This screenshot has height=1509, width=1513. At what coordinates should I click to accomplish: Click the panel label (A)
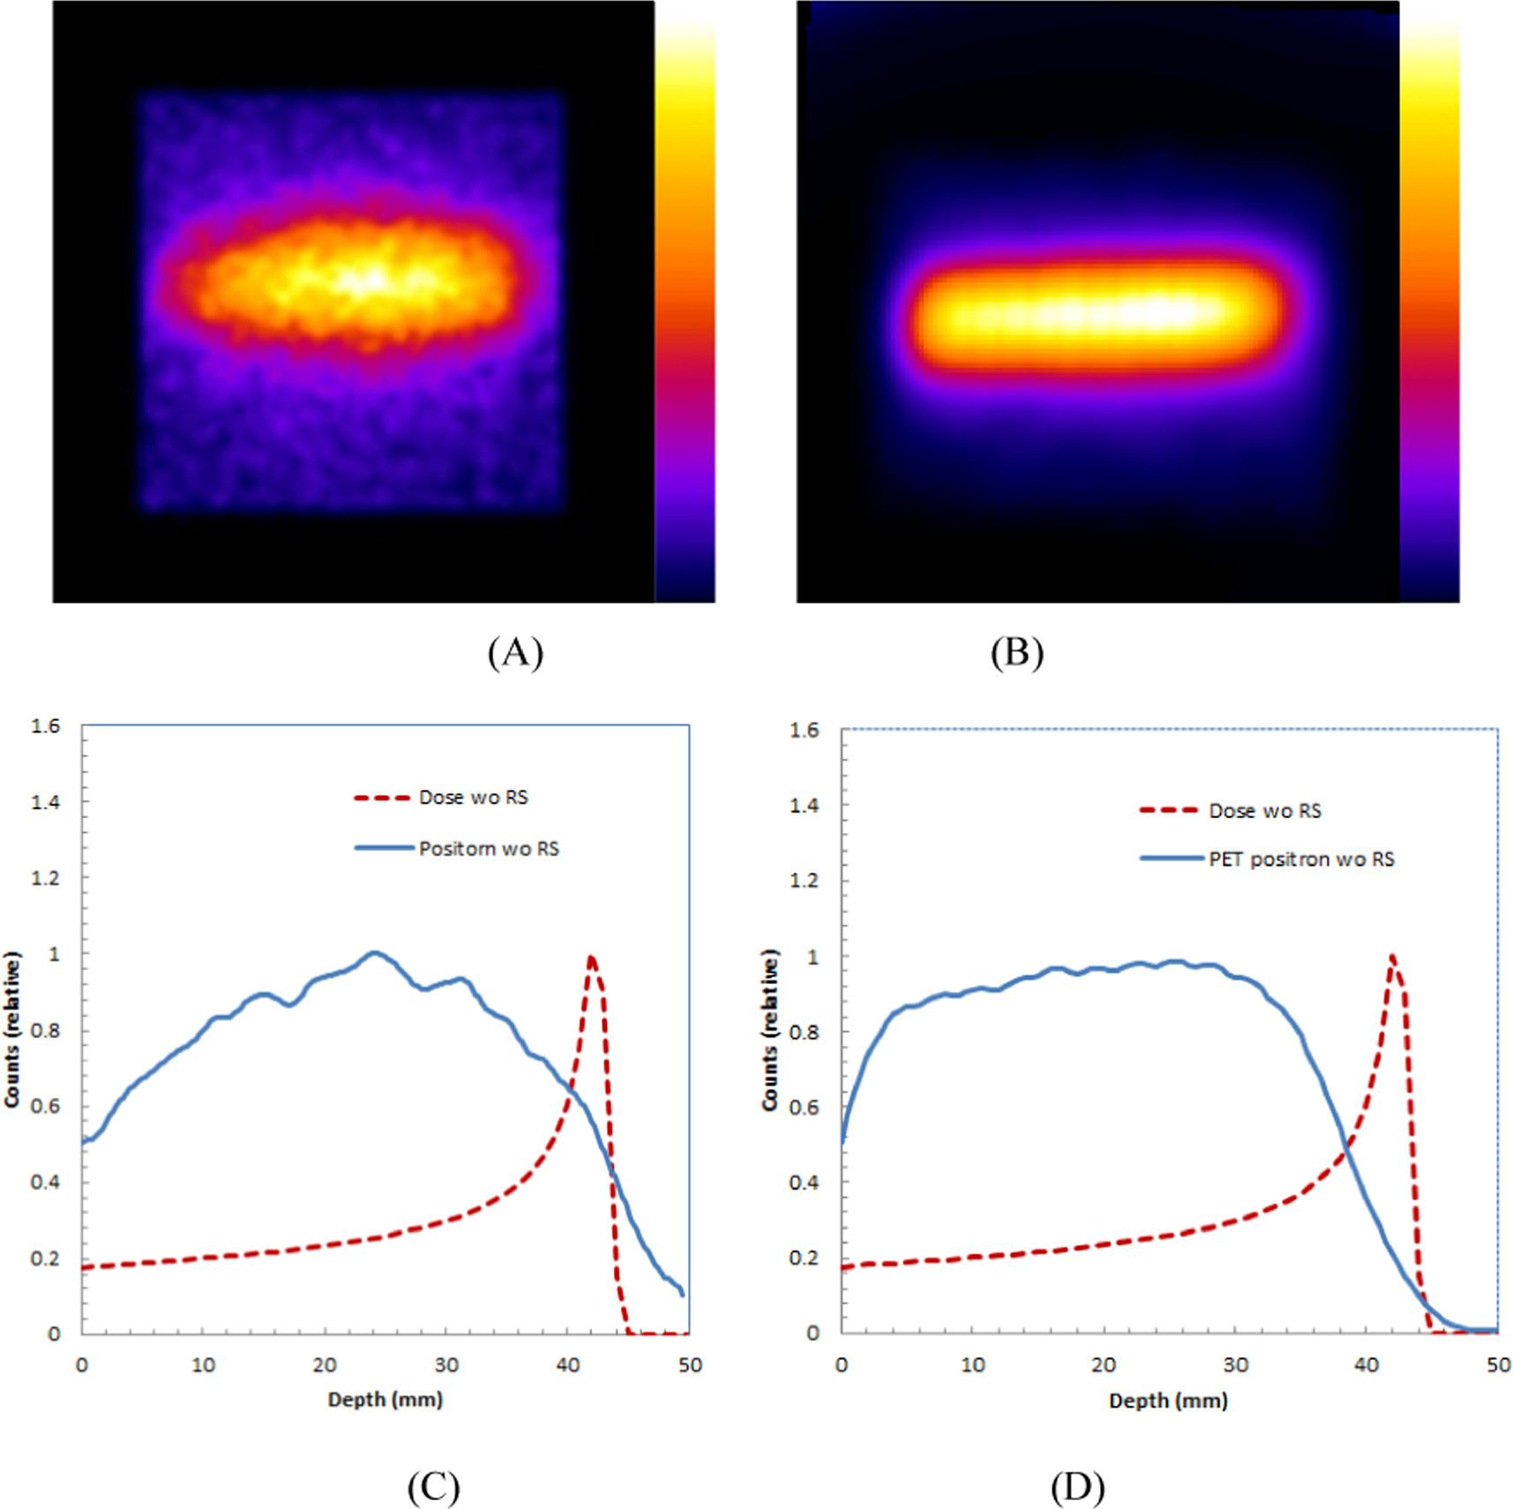515,653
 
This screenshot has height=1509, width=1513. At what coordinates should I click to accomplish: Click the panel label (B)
1016,653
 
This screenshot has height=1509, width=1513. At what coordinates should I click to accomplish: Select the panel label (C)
433,1487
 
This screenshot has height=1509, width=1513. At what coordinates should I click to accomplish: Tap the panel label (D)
1077,1487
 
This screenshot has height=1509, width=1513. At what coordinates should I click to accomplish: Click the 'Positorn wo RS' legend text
489,849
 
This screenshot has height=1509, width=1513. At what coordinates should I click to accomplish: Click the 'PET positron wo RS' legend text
1301,860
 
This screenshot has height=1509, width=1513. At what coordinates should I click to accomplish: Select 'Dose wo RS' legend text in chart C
473,798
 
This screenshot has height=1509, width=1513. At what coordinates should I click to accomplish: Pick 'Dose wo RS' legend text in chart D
1264,811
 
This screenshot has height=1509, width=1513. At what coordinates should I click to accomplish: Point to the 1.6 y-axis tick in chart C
46,726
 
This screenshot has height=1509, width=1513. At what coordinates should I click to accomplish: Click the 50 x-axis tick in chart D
1497,1365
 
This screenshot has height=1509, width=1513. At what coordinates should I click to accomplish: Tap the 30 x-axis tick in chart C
446,1365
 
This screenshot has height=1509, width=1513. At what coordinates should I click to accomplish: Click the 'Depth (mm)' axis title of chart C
386,1400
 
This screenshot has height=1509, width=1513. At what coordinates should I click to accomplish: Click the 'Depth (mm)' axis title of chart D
1168,1400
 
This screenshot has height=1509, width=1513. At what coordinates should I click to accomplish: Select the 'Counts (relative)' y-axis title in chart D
770,1030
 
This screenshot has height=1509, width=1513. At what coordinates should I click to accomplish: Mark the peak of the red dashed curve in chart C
590,957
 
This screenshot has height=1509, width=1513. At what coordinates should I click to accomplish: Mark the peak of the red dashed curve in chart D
1392,957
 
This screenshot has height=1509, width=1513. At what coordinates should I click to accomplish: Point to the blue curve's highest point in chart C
374,953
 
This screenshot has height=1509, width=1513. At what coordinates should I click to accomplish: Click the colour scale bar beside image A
685,309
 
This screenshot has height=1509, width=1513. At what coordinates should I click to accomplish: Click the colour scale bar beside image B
1429,309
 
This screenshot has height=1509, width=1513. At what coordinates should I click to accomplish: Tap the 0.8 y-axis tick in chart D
804,1032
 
